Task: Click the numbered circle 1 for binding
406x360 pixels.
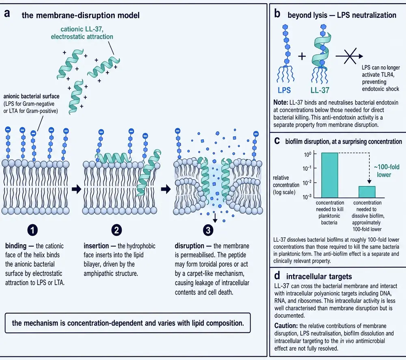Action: click(32, 230)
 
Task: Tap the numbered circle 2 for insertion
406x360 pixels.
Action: click(116, 230)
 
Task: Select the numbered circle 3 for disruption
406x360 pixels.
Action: click(208, 230)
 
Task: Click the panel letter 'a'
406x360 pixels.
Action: click(7, 13)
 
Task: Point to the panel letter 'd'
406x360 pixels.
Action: click(277, 275)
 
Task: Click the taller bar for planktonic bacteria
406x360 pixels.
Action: click(330, 175)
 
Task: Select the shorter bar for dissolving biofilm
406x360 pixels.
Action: click(367, 192)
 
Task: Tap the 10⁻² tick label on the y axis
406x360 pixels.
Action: click(307, 183)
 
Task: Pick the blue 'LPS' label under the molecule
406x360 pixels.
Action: click(284, 90)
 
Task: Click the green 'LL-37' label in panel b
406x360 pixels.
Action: click(320, 90)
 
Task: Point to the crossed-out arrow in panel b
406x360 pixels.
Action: click(349, 56)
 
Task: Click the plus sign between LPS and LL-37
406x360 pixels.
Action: click(302, 56)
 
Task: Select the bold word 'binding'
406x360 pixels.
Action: click(16, 246)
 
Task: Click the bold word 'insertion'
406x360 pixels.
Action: click(96, 246)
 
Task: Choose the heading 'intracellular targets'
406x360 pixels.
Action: click(319, 277)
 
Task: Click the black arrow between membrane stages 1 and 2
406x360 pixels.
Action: click(77, 189)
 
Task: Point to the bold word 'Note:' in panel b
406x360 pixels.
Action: click(281, 102)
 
